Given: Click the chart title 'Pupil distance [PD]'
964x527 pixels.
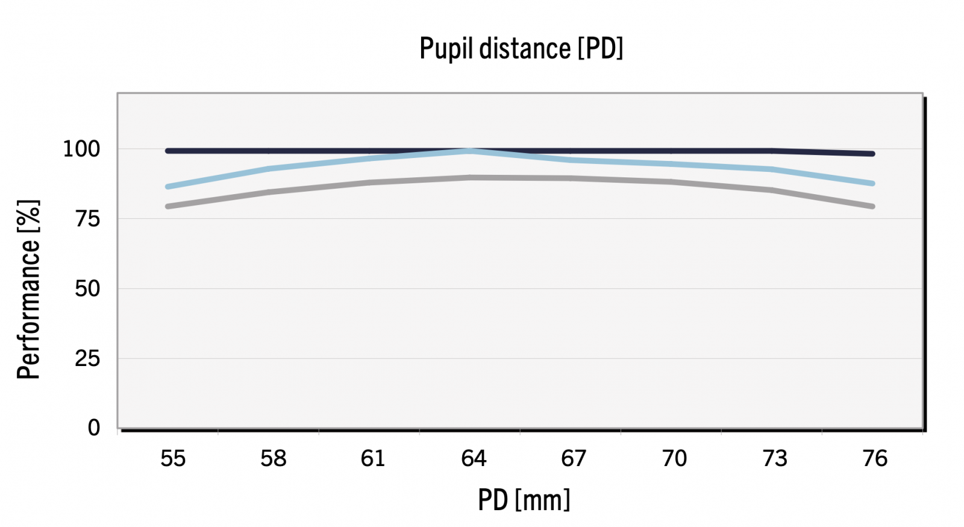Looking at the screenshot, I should tap(521, 48).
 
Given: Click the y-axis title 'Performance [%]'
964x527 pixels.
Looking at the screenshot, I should tap(28, 289).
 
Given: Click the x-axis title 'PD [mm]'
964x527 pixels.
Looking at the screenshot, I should tap(524, 500).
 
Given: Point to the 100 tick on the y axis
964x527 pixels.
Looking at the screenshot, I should tap(81, 149).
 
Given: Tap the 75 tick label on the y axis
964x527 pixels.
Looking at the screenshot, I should tap(87, 219).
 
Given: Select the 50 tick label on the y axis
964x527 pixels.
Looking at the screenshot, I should tap(87, 289).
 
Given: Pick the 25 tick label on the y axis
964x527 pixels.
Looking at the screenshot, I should tap(87, 359).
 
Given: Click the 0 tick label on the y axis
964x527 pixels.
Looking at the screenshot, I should tap(93, 428).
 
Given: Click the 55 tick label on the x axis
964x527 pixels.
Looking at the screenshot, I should tap(173, 459).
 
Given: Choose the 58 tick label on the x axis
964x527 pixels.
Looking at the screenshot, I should tap(273, 459).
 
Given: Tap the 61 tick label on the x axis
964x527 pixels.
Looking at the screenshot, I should tap(373, 459).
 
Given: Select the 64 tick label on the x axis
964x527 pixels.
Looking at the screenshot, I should tap(474, 459).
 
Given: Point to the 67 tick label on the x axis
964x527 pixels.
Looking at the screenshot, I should tap(574, 459).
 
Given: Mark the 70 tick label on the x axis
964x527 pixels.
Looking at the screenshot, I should tap(674, 459).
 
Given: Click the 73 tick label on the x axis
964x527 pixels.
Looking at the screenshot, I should tap(774, 459).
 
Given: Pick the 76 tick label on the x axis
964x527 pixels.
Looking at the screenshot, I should tap(875, 459).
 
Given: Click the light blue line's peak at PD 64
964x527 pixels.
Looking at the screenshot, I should tap(470, 151).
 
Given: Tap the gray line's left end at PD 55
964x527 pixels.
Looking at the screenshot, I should tap(169, 206).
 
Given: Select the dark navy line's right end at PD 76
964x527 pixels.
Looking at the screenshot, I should tap(872, 154).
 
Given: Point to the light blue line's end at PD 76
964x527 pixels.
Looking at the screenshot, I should tap(872, 183).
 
